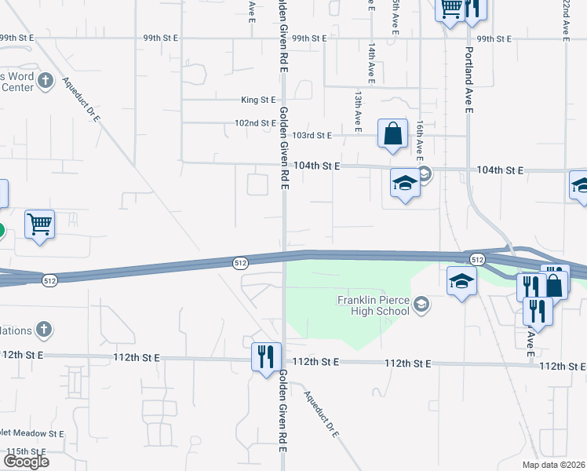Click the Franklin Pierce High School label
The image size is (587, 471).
tap(374, 305)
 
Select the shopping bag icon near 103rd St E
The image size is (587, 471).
tap(392, 133)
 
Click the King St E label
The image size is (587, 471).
tap(259, 100)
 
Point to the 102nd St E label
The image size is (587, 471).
tap(256, 123)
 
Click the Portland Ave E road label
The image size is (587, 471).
tap(469, 80)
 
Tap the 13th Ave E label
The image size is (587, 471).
tap(357, 110)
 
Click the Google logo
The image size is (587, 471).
tap(26, 461)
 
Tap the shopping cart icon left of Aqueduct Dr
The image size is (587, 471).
tap(39, 225)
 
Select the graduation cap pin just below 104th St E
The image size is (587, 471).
tap(404, 184)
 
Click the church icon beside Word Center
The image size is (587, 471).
tap(46, 80)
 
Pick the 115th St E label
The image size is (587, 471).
tap(26, 452)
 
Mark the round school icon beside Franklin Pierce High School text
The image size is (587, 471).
tap(422, 305)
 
